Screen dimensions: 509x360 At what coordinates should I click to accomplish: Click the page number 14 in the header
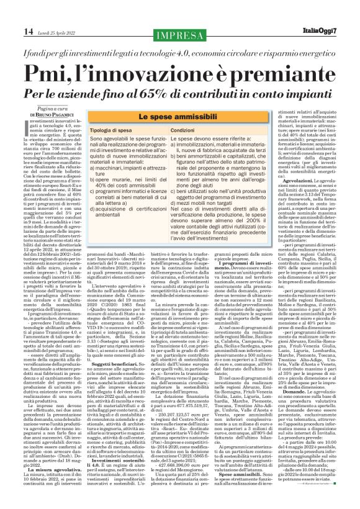11,31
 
